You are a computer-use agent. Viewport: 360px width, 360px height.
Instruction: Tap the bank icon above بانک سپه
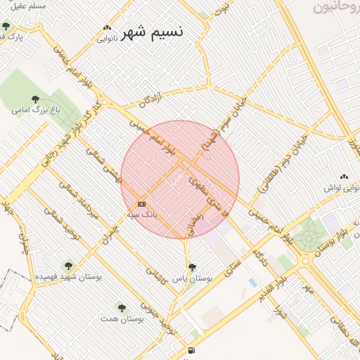(x=141, y=204)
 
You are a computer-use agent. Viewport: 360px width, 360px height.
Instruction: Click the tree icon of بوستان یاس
(x=192, y=267)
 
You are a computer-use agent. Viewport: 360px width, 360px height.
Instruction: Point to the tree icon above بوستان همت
(x=121, y=308)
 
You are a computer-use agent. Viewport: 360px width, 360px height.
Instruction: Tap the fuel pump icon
(x=191, y=350)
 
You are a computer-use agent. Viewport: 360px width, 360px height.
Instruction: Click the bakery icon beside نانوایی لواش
(x=344, y=178)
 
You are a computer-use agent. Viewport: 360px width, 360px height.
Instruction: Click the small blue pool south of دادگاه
(x=252, y=282)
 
